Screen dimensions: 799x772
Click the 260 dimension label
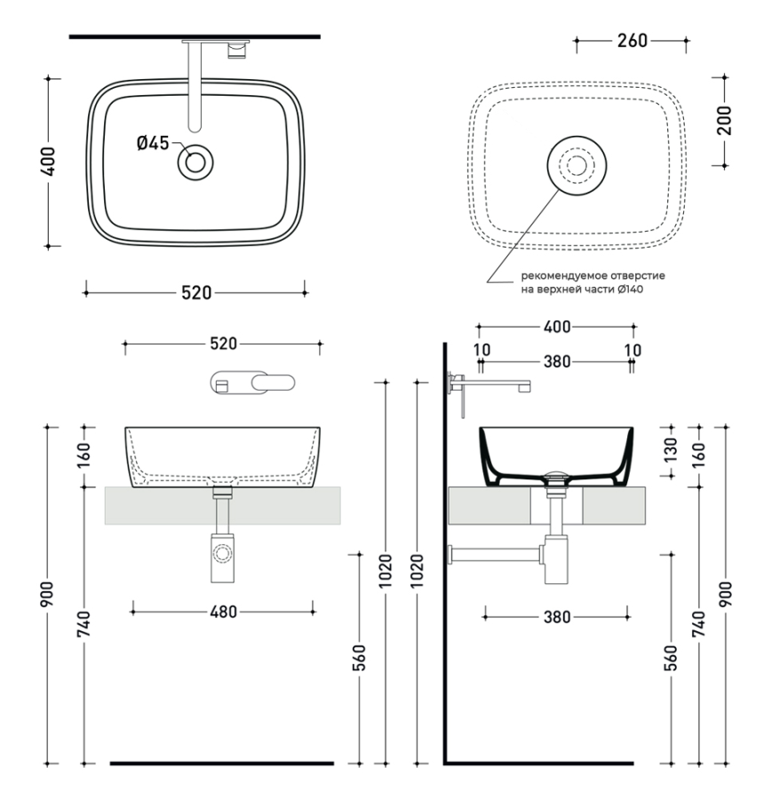[631, 41]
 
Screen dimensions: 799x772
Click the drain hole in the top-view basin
[195, 162]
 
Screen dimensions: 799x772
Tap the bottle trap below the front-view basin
[221, 558]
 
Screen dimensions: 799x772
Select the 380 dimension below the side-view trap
[556, 617]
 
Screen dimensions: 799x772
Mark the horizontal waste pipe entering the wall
[493, 555]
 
